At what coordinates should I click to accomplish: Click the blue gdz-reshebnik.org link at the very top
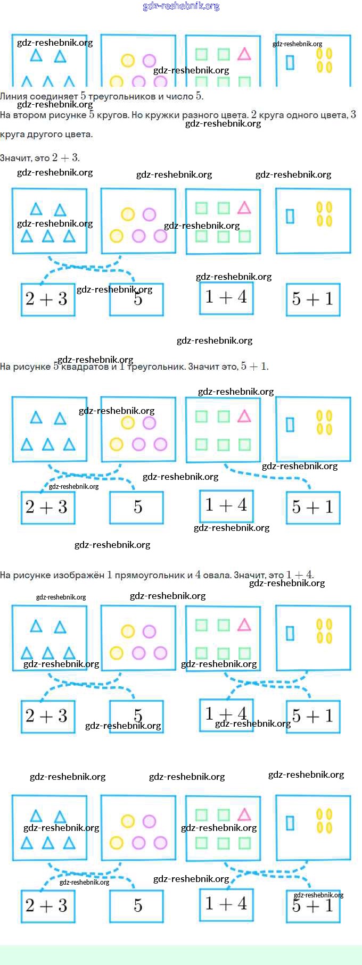(x=181, y=6)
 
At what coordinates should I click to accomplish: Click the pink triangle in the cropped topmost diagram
(x=244, y=54)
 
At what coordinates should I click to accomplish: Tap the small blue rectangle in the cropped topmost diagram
(x=290, y=62)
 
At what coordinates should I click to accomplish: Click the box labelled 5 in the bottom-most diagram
(x=137, y=905)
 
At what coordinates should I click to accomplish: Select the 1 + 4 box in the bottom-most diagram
(x=226, y=903)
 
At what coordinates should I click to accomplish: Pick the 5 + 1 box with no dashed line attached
(x=312, y=299)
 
